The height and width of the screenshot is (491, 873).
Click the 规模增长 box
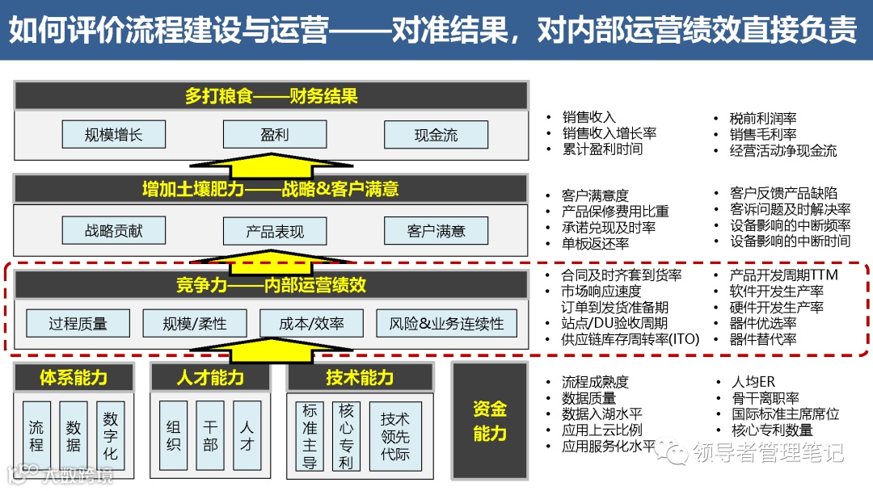coord(113,135)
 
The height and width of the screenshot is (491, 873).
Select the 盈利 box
coord(275,135)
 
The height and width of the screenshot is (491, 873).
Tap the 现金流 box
coord(436,135)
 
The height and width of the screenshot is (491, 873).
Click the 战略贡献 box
coord(113,231)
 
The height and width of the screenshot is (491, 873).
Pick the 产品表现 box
coord(275,232)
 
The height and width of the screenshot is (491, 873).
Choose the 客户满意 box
coord(436,232)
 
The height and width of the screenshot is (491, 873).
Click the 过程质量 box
coord(78,324)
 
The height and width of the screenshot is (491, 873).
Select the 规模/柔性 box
coord(194,324)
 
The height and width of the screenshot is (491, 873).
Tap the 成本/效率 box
coord(311,324)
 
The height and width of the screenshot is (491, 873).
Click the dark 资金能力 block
coord(489,421)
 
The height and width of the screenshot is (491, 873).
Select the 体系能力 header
coord(74,377)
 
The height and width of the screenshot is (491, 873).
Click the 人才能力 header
coord(210,377)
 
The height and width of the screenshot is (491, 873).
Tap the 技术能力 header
coord(360,377)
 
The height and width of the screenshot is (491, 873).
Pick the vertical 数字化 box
coord(111,436)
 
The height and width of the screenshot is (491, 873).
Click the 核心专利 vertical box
coord(347,436)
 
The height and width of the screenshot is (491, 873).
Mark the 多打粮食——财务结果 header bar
coord(271,97)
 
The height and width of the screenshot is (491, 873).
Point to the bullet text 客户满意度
coord(595,195)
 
